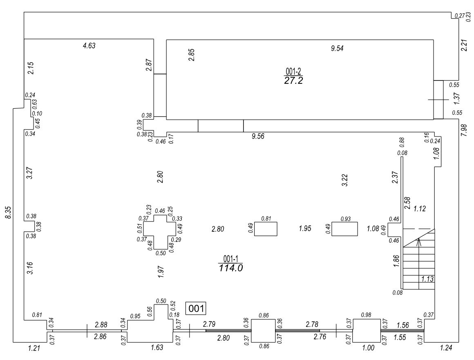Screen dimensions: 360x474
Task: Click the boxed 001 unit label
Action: (196, 309)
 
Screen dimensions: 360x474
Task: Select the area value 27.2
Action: (293, 80)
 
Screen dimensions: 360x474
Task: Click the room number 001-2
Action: (293, 72)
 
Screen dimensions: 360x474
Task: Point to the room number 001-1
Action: (231, 259)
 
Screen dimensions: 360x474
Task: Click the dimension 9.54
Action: (338, 49)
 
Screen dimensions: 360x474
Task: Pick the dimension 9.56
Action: (258, 136)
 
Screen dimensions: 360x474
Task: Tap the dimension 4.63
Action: (89, 46)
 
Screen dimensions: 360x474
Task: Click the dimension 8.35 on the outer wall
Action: (8, 213)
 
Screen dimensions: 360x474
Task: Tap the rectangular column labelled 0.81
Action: (266, 229)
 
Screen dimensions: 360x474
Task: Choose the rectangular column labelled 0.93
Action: (345, 229)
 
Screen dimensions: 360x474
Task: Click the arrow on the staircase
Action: (418, 241)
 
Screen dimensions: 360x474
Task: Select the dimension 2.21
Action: (464, 45)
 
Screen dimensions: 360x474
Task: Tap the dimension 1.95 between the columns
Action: (305, 228)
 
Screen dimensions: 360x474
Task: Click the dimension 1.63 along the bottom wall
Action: (157, 348)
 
